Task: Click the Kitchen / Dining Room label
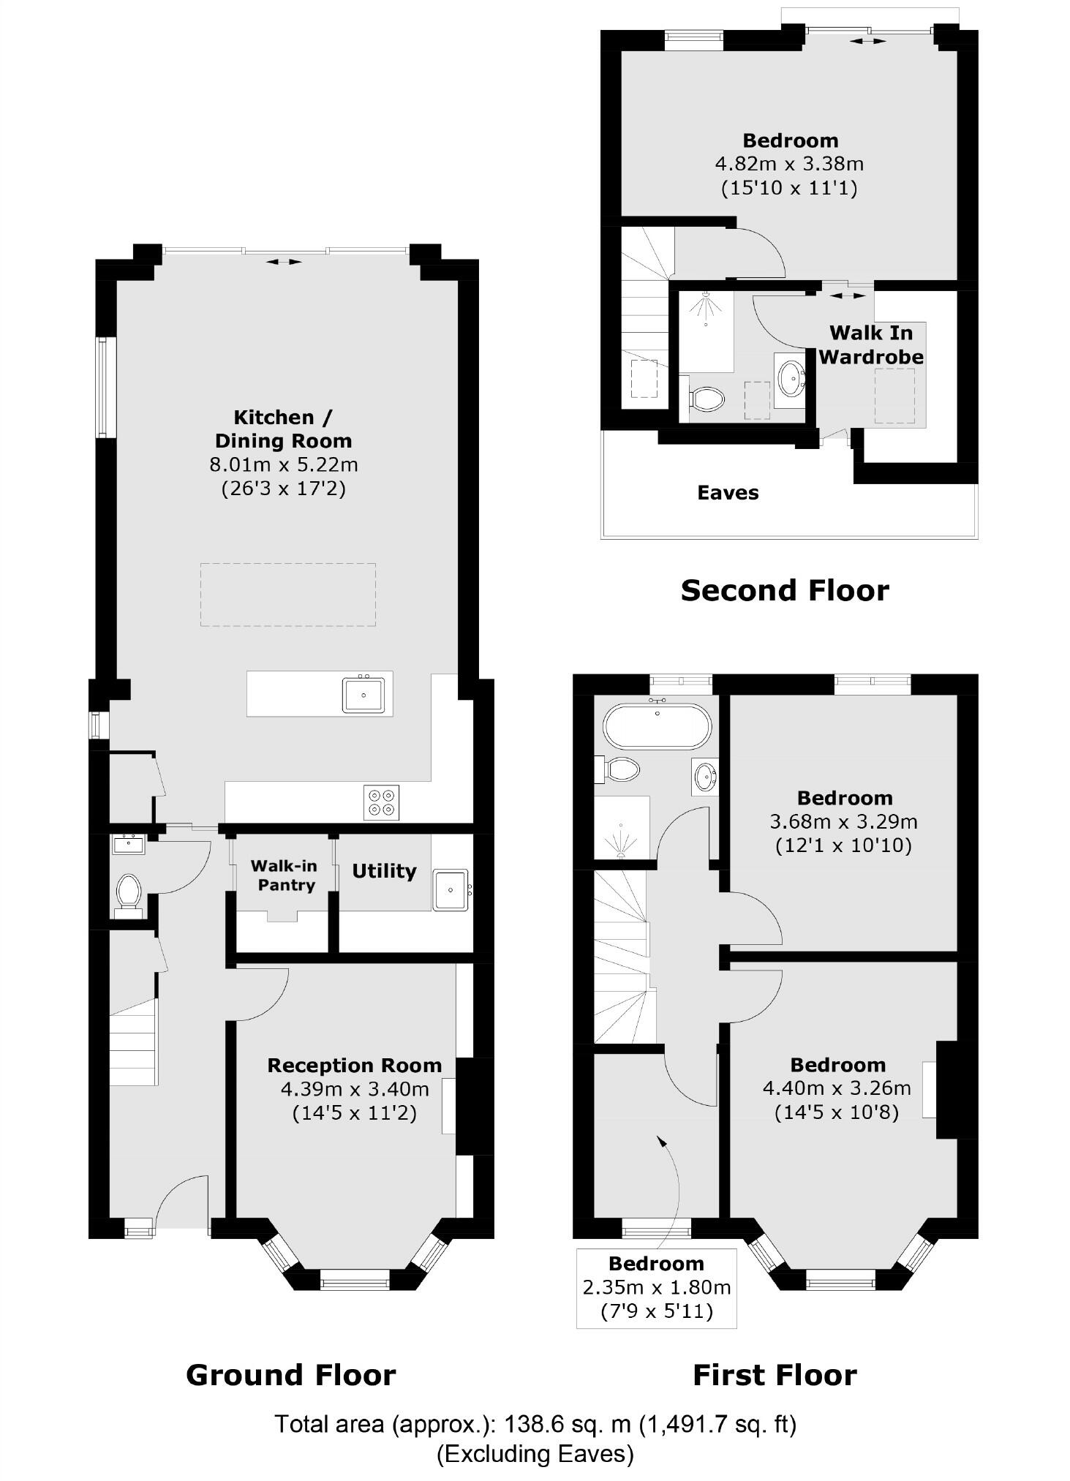[x=284, y=429]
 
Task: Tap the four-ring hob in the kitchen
[x=382, y=802]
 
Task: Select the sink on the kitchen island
[x=363, y=694]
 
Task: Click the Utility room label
[x=384, y=871]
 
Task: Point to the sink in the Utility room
[x=451, y=889]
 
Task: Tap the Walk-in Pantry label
[x=284, y=875]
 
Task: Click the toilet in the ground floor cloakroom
[x=128, y=892]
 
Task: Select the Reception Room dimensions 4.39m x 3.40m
[x=355, y=1089]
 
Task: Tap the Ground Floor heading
[x=290, y=1375]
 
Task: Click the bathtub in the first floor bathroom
[x=656, y=726]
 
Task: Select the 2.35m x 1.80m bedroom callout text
[x=656, y=1287]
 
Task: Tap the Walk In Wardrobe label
[x=870, y=344]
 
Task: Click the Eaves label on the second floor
[x=728, y=493]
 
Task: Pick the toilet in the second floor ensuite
[x=705, y=399]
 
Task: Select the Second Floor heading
[x=784, y=590]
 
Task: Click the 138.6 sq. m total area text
[x=535, y=1425]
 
